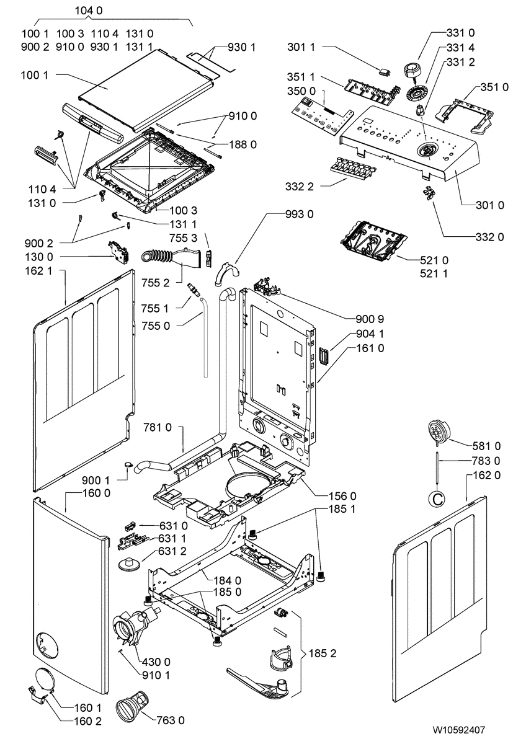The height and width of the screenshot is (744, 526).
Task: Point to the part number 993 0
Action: pyautogui.click(x=300, y=215)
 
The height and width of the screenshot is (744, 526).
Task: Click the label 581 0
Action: pyautogui.click(x=487, y=446)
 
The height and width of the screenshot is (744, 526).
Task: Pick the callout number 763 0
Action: pyautogui.click(x=171, y=721)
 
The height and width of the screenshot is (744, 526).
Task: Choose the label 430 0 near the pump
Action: pyautogui.click(x=156, y=662)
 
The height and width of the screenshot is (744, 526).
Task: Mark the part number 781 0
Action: pyautogui.click(x=158, y=428)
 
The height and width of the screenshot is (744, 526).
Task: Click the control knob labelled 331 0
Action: pyautogui.click(x=411, y=71)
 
